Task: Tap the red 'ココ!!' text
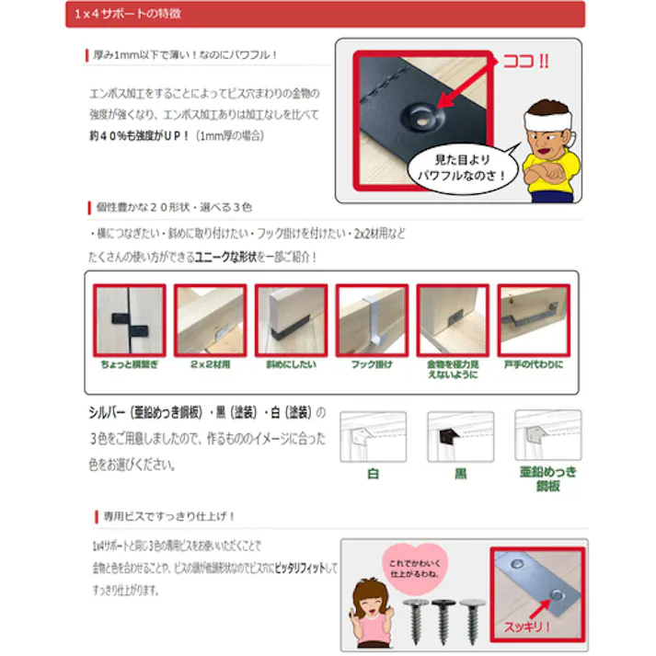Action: (525, 63)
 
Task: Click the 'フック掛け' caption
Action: (371, 365)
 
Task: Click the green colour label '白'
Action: (373, 476)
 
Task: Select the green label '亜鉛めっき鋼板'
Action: (547, 478)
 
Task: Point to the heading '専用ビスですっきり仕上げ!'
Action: (168, 516)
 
